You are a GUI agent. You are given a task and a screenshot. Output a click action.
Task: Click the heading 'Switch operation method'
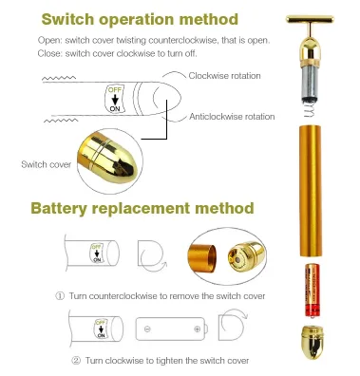(140, 19)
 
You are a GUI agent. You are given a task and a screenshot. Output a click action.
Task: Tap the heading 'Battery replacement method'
(142, 209)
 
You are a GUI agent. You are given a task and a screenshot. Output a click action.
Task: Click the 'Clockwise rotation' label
(224, 76)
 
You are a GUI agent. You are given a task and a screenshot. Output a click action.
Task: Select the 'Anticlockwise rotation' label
(232, 117)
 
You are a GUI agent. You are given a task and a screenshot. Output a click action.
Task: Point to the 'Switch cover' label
(47, 164)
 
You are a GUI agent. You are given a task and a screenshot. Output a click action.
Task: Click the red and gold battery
(313, 291)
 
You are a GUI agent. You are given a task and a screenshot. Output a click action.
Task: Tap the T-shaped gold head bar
(310, 19)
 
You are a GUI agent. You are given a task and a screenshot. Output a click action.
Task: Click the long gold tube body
(311, 191)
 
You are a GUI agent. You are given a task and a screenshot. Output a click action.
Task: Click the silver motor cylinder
(310, 83)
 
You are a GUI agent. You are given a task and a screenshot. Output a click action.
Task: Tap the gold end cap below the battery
(313, 342)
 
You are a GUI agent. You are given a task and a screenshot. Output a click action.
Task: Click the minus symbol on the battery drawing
(147, 329)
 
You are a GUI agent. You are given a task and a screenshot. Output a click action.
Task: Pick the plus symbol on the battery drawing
(197, 329)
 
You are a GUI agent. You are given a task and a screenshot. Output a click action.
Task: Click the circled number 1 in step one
(60, 296)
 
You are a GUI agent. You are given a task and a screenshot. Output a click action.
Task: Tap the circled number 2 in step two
(76, 361)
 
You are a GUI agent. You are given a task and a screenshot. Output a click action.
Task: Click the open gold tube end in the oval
(202, 258)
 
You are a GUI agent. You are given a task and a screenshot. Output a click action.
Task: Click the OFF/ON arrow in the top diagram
(115, 100)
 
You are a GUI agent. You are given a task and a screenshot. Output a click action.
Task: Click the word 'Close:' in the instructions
(50, 53)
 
